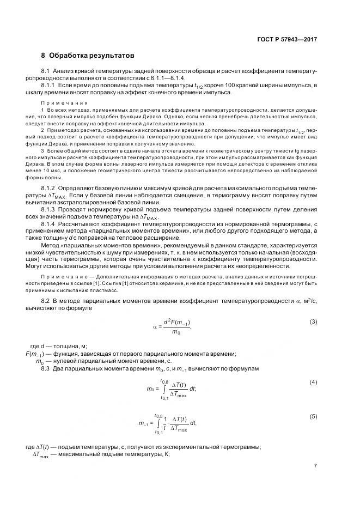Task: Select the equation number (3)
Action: click(313, 321)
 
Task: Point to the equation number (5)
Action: click(313, 416)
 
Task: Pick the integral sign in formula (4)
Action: click(161, 389)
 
